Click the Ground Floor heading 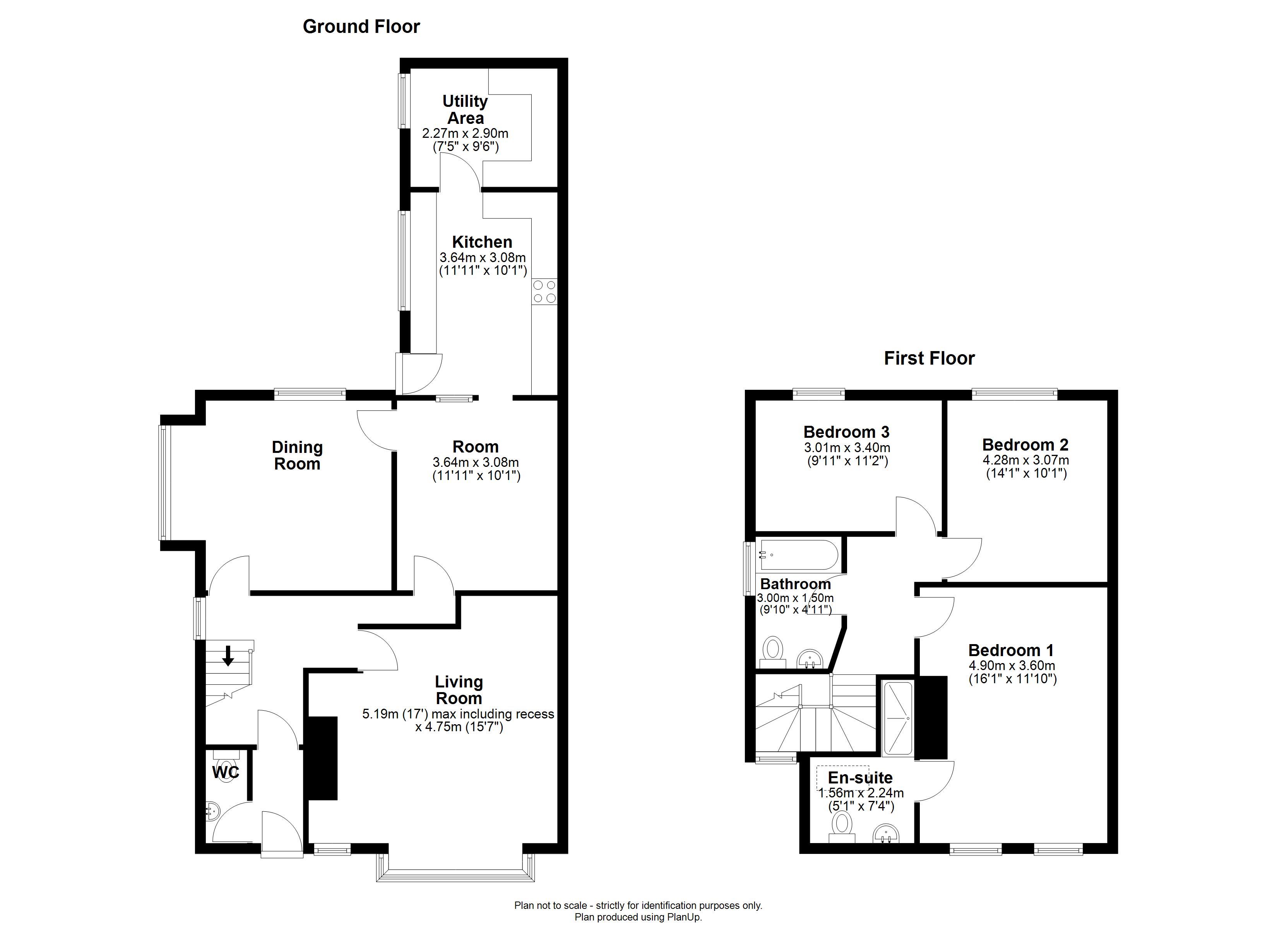tap(361, 26)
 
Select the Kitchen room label tap(482, 242)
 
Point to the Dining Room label tap(297, 455)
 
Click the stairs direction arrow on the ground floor tap(228, 656)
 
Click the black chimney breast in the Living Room tap(321, 758)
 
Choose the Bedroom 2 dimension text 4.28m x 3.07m tap(1026, 460)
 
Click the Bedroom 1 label tap(1011, 650)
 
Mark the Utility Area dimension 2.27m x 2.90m tap(465, 134)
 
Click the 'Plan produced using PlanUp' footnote tap(638, 917)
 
